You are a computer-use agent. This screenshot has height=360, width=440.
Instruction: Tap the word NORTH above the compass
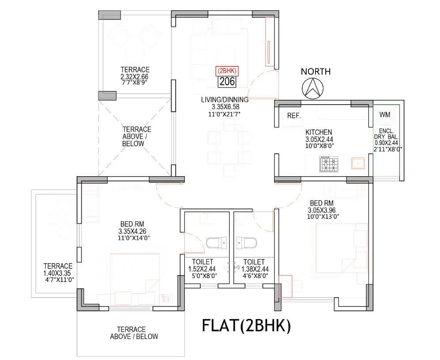[x=316, y=72]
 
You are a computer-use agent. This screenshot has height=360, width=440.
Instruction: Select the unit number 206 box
[x=227, y=81]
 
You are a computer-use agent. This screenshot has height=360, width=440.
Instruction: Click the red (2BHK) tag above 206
[x=227, y=71]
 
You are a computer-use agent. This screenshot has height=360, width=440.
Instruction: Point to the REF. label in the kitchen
[x=294, y=116]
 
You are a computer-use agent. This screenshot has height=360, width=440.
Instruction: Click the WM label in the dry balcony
[x=385, y=115]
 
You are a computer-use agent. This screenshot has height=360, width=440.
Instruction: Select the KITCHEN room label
[x=319, y=132]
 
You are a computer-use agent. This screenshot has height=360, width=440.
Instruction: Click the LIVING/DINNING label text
[x=225, y=100]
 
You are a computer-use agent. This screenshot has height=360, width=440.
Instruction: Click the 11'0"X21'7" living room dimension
[x=225, y=114]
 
